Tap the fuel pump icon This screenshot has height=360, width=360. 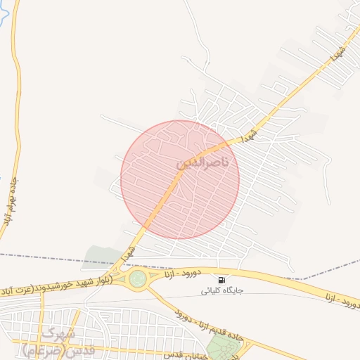point(223,280)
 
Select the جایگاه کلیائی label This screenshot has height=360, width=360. point(222,290)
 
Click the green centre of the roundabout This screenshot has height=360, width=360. point(138,278)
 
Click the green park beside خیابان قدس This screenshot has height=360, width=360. point(224,347)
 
